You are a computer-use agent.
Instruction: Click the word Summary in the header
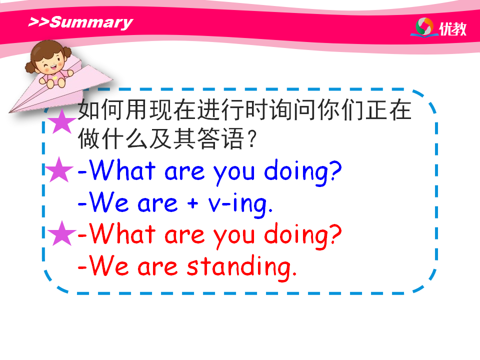91,23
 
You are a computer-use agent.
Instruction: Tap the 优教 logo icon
424,27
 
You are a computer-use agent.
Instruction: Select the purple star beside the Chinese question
62,121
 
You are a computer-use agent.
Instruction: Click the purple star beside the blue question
59,169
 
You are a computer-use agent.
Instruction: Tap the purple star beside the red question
62,233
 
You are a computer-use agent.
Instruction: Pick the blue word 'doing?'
303,172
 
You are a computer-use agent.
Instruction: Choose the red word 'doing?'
303,235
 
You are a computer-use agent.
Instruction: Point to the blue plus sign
192,202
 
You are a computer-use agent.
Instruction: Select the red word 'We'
108,265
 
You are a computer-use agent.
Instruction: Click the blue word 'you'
234,174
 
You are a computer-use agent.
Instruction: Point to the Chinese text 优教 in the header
453,29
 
